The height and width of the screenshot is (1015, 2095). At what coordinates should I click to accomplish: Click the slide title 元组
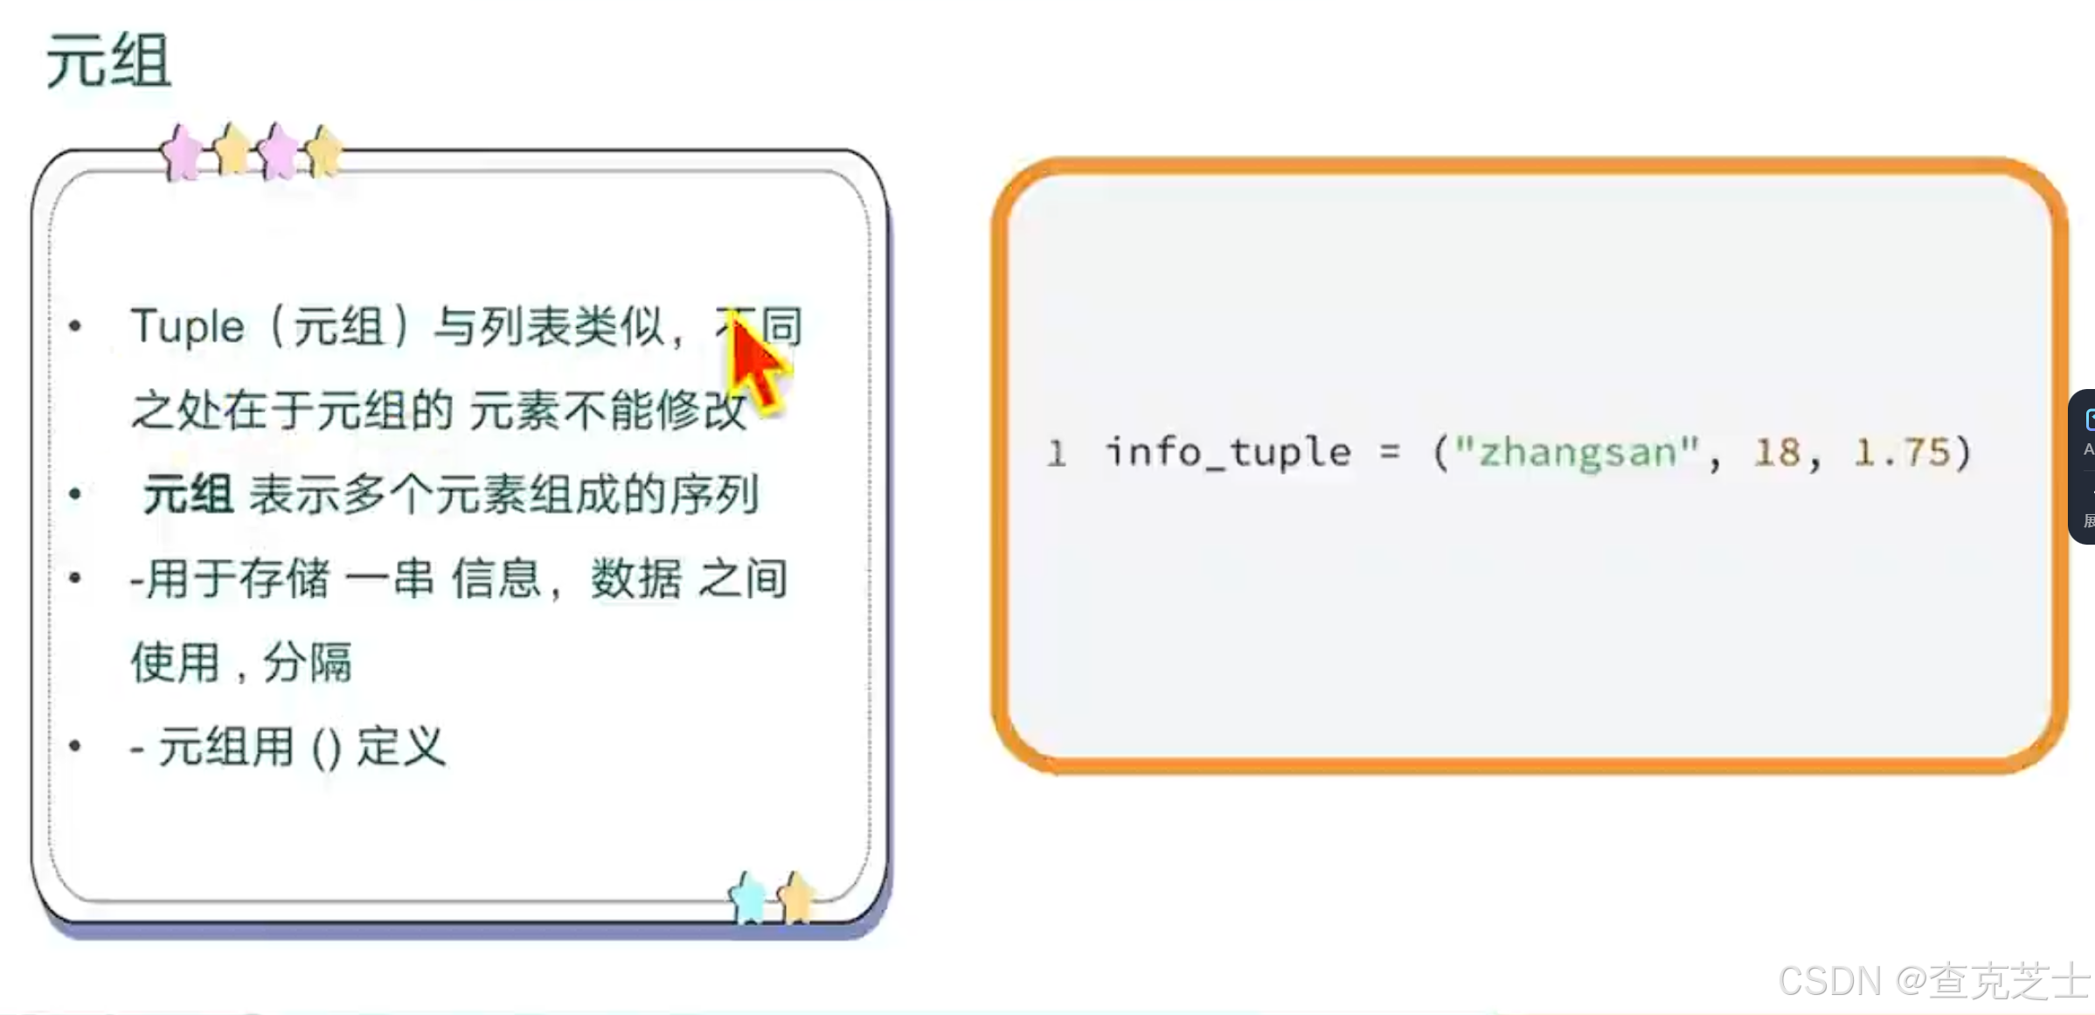tap(108, 61)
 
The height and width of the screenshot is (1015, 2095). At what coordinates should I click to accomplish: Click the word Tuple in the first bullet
tap(187, 327)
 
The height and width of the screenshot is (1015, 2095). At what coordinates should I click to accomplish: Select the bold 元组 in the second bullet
tap(188, 495)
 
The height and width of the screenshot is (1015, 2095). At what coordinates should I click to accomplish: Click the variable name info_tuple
tap(1228, 453)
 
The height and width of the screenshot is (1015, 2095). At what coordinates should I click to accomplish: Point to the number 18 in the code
tap(1777, 453)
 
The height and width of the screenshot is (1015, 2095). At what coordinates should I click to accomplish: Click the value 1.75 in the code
tap(1901, 453)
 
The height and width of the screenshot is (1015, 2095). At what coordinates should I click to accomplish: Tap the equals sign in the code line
tap(1390, 453)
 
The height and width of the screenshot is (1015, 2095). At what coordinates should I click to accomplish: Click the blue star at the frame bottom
tap(747, 898)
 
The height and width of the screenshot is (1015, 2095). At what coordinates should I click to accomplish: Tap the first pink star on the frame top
tap(182, 153)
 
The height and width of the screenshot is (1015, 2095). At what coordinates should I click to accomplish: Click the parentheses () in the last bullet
tap(326, 748)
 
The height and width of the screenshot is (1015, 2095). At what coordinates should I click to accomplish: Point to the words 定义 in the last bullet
tap(401, 747)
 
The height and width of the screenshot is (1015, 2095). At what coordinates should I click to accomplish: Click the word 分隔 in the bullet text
tap(308, 662)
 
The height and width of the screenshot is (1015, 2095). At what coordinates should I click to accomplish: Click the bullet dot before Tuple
tap(75, 327)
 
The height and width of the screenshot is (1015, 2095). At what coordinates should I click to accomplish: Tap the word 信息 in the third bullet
tap(496, 579)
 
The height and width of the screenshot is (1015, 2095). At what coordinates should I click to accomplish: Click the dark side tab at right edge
tap(2082, 467)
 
